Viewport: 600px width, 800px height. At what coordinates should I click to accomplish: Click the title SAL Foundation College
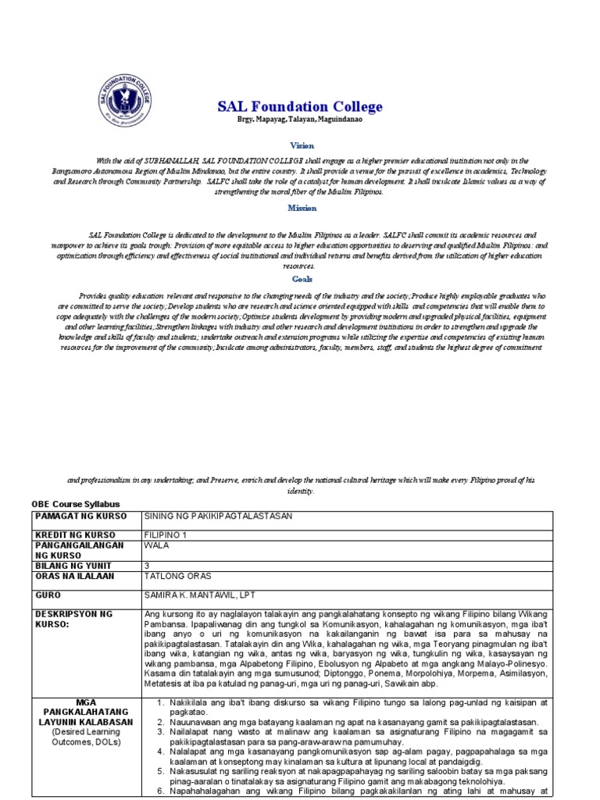click(300, 106)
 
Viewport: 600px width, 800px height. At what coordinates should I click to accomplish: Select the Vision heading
click(301, 145)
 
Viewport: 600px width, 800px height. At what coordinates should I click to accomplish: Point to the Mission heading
click(302, 208)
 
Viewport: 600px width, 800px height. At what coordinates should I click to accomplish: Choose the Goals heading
click(302, 278)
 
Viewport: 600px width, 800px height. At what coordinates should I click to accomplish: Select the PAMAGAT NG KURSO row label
click(70, 517)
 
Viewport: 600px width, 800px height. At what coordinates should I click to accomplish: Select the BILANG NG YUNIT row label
click(69, 565)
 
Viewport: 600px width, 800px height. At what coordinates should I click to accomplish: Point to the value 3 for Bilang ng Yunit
click(148, 565)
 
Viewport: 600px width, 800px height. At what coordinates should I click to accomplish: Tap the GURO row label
click(47, 595)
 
